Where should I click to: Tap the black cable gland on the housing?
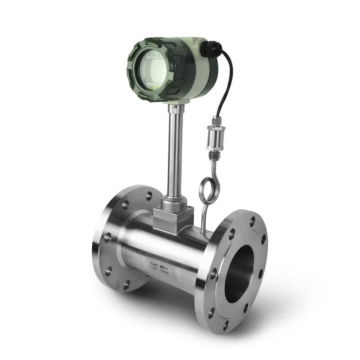[x=210, y=48]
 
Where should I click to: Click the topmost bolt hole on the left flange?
[x=148, y=196]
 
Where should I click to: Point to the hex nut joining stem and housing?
[x=176, y=108]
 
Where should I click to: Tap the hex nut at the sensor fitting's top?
[x=216, y=122]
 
